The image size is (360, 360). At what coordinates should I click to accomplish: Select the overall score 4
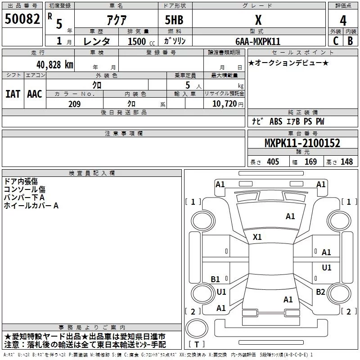pos(343,21)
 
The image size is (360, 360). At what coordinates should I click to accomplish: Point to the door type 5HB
pos(174,20)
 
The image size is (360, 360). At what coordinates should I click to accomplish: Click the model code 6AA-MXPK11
pos(258,41)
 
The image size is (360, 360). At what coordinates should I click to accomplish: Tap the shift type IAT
pos(13,94)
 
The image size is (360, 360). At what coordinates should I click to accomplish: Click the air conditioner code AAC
pos(34,94)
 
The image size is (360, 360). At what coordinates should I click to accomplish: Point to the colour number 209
pos(75,104)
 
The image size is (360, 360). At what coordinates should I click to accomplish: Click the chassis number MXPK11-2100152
pos(302,144)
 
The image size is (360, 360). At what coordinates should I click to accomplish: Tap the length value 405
pos(272,162)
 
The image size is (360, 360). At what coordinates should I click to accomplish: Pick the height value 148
pos(346,162)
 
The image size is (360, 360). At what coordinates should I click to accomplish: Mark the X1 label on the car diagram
pos(257,237)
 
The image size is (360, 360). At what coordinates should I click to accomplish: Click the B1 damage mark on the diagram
pos(216,279)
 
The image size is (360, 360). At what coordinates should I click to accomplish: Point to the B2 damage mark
pos(320,292)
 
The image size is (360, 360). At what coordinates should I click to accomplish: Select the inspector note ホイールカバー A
pos(31,206)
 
